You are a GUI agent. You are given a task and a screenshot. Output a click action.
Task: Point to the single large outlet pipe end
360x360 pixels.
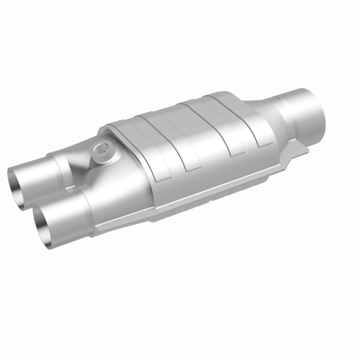310,101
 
